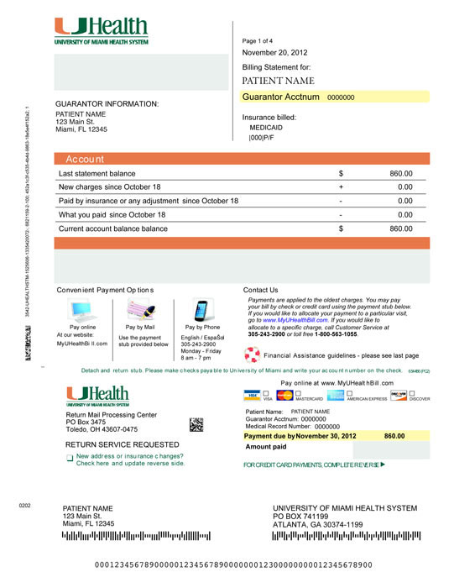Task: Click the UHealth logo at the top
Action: click(x=102, y=30)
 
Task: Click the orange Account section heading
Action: click(x=86, y=159)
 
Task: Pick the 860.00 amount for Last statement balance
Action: click(x=401, y=173)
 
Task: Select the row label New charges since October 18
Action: click(x=109, y=186)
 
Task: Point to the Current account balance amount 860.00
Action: click(x=401, y=228)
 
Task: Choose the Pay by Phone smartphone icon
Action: click(x=201, y=311)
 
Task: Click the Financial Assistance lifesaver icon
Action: click(x=249, y=354)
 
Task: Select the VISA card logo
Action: click(x=249, y=395)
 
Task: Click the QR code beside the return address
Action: click(x=196, y=423)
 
